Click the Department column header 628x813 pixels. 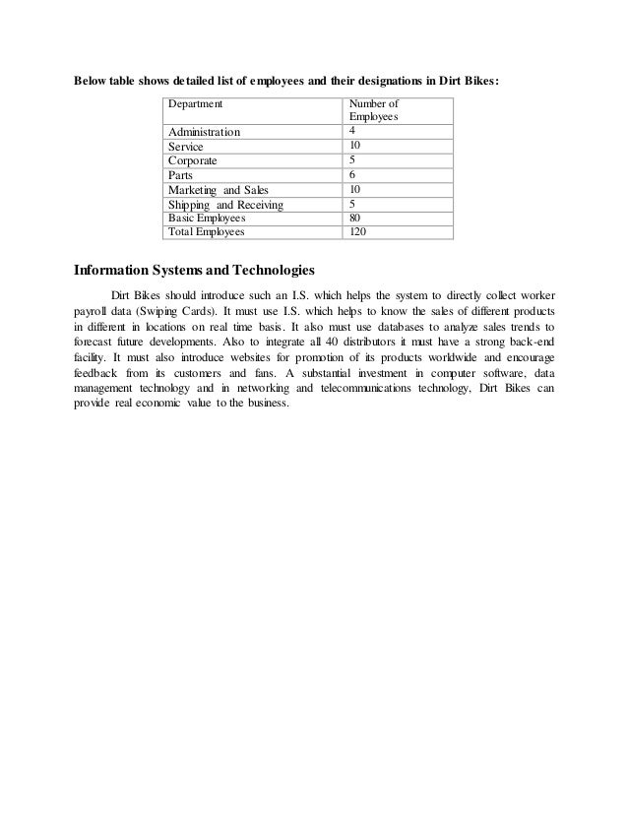point(195,102)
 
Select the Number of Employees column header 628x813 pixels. point(375,109)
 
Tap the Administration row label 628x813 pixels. point(204,132)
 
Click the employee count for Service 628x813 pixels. point(356,146)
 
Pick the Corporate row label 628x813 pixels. point(193,160)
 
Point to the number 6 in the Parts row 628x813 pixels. point(353,175)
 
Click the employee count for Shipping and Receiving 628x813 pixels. point(353,205)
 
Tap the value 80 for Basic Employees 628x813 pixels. point(356,219)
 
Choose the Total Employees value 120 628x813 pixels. point(359,232)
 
